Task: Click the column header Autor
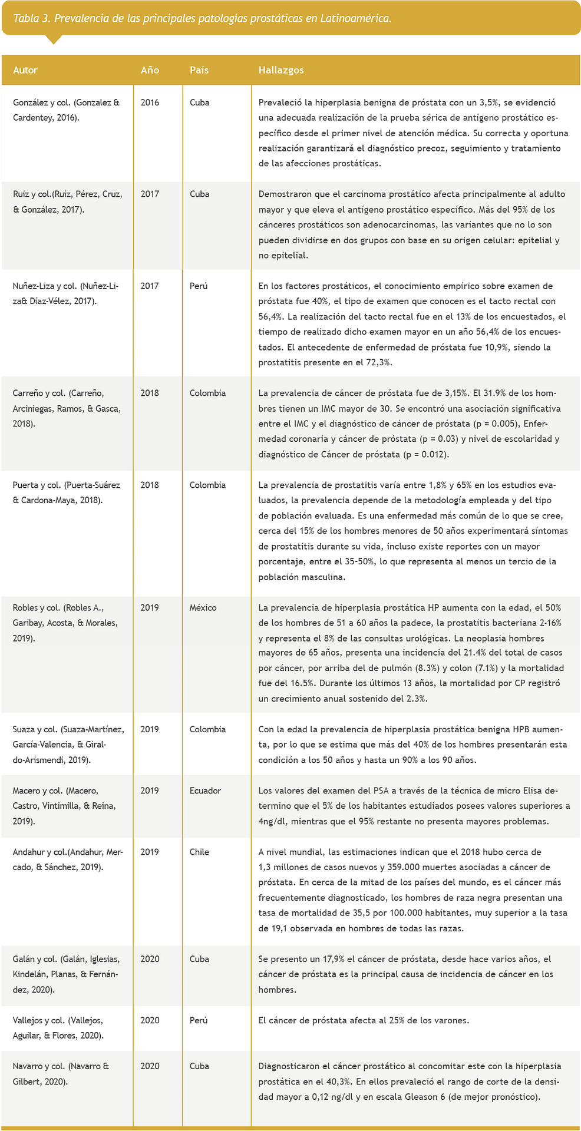(25, 70)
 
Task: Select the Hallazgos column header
(281, 70)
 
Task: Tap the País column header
(199, 70)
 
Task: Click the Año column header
(150, 70)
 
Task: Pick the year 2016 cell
(150, 102)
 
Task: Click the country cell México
(203, 608)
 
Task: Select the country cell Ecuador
(205, 791)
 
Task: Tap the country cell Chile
(199, 852)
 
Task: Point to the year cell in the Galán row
(150, 960)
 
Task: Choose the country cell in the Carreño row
(207, 393)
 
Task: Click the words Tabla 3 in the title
(31, 18)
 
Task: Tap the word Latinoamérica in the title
(355, 18)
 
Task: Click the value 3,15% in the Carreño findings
(454, 393)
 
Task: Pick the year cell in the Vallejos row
(150, 1021)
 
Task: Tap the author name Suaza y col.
(35, 730)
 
